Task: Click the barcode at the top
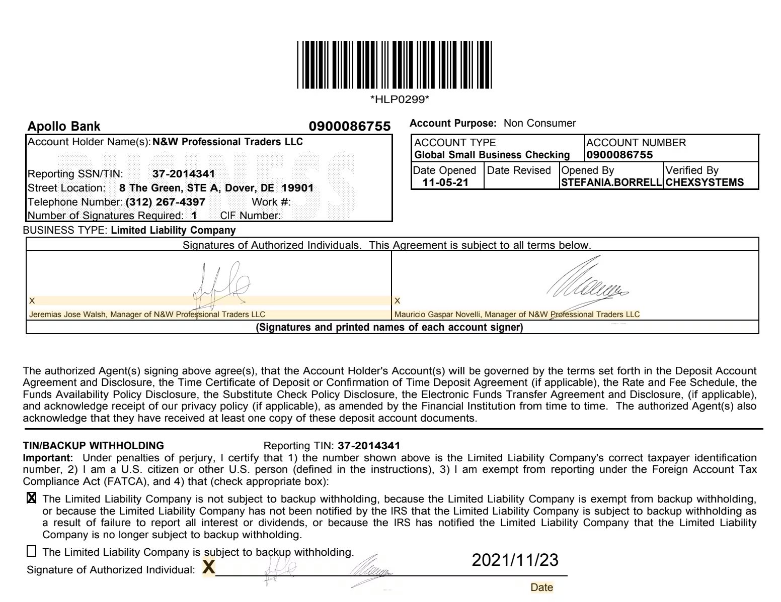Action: (394, 65)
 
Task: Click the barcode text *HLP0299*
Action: (400, 99)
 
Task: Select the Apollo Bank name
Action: (64, 126)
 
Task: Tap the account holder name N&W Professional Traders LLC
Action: (227, 142)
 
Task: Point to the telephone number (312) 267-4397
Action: (166, 202)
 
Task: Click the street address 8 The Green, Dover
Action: (216, 188)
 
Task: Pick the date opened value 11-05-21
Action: (445, 182)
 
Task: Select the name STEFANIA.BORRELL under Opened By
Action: (611, 182)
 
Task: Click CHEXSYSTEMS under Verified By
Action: (705, 182)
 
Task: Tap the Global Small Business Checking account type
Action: (492, 155)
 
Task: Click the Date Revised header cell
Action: (519, 170)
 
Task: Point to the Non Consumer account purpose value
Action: (539, 123)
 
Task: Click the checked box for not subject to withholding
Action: (31, 498)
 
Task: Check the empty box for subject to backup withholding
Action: (31, 551)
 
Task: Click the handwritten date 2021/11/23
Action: (515, 560)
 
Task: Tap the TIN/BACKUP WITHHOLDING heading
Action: (94, 445)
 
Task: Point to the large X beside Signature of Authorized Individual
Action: (208, 568)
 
